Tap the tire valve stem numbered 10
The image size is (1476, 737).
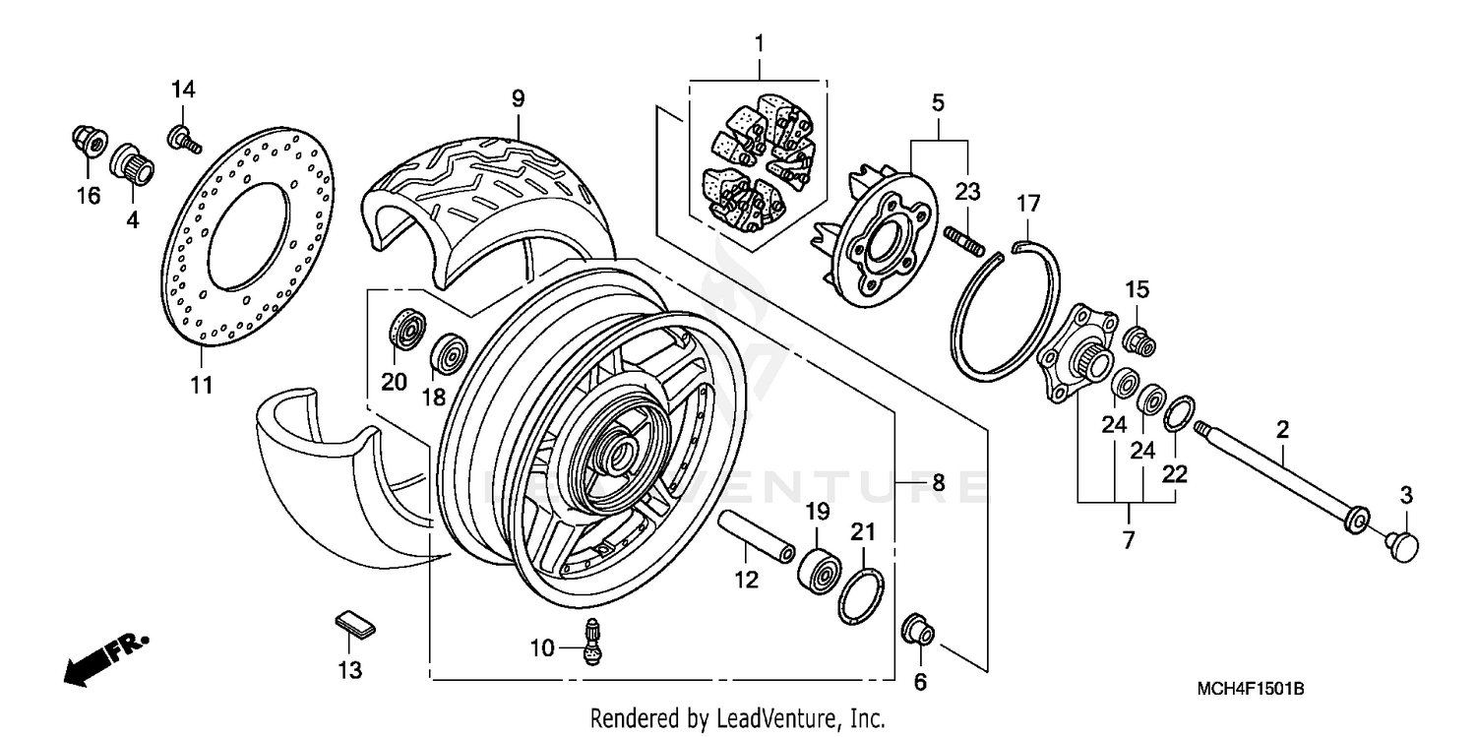pyautogui.click(x=593, y=644)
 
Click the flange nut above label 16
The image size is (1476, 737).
pyautogui.click(x=89, y=144)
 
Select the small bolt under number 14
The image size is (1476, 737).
pyautogui.click(x=184, y=141)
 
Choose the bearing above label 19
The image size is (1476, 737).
pyautogui.click(x=816, y=569)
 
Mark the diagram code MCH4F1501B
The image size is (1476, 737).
pyautogui.click(x=1250, y=691)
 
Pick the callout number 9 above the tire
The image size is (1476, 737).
pyautogui.click(x=518, y=98)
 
